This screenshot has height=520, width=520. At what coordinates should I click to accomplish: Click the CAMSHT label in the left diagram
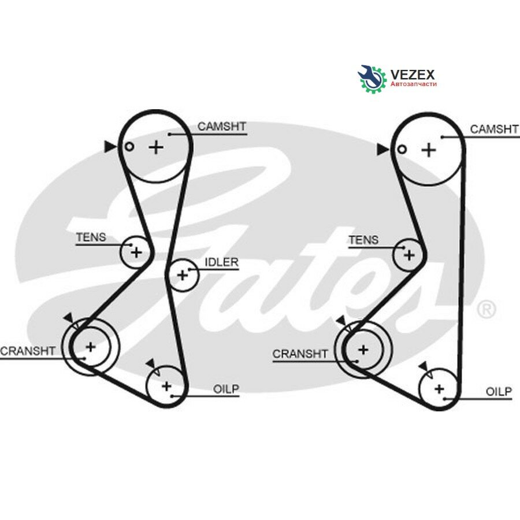tap(221, 127)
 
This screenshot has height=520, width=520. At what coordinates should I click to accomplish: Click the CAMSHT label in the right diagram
tap(494, 129)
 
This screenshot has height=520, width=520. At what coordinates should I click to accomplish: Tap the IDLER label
tap(221, 262)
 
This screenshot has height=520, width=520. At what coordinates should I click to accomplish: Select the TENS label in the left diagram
tap(91, 237)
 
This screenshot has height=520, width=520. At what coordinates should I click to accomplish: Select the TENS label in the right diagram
tap(363, 240)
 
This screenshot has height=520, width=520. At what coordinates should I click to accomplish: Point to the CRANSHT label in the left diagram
tap(28, 351)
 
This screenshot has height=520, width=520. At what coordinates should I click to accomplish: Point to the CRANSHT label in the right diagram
tap(300, 354)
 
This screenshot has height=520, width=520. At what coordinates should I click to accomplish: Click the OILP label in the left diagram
tap(226, 389)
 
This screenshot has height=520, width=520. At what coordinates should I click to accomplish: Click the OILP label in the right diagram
tap(499, 392)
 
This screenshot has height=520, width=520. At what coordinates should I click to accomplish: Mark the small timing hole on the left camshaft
tap(129, 147)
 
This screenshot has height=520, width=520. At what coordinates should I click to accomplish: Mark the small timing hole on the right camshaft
tap(402, 149)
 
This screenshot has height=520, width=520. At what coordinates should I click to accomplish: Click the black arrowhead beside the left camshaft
tap(110, 147)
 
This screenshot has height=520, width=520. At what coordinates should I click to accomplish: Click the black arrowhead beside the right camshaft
tap(382, 150)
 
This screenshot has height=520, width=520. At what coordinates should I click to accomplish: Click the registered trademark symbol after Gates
tap(486, 309)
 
